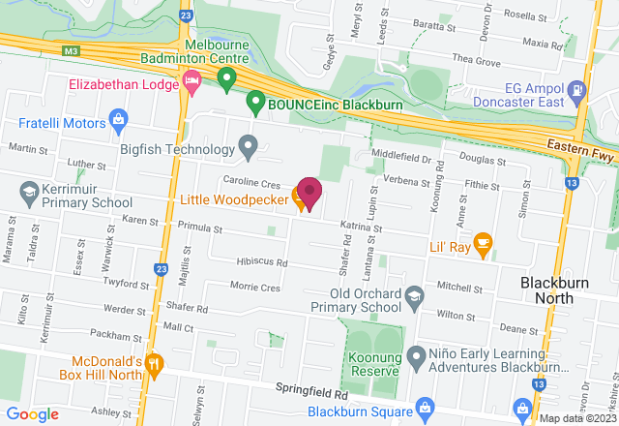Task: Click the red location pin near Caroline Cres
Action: (309, 192)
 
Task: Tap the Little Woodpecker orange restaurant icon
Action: (300, 200)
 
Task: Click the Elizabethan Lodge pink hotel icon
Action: (191, 84)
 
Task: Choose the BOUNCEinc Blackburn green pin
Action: (255, 100)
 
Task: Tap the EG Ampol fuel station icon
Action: (576, 89)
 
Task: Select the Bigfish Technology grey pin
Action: (249, 148)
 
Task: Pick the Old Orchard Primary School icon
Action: (414, 294)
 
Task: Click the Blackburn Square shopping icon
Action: (422, 407)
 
